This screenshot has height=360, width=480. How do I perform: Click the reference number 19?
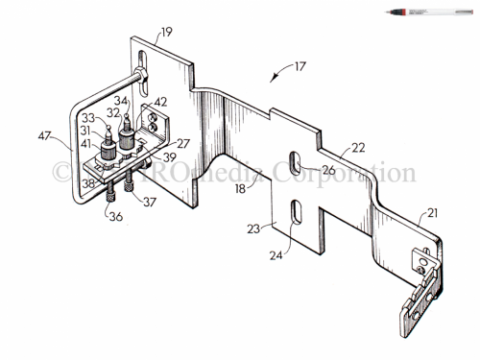point(166,32)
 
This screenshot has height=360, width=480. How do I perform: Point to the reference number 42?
point(160,101)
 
